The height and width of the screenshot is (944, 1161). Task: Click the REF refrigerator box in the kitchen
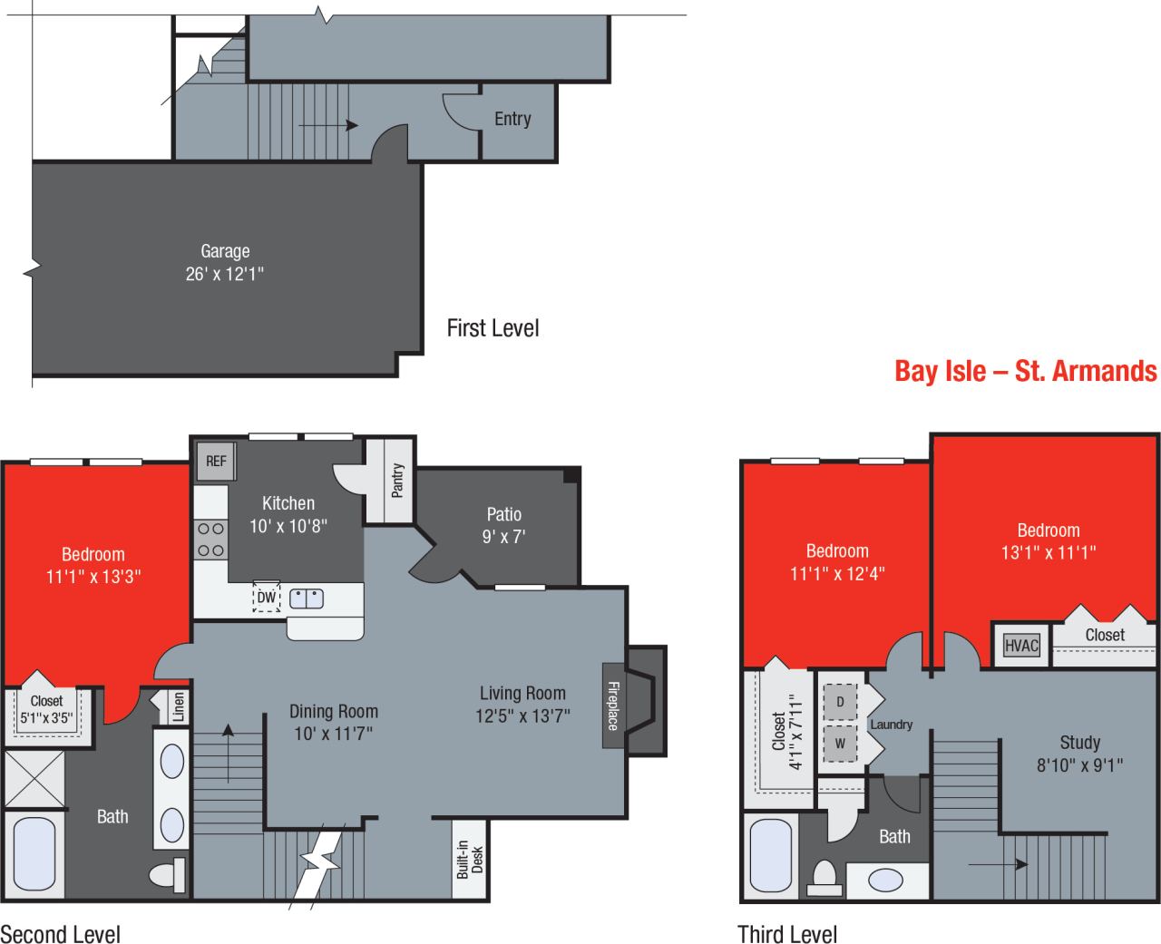tap(215, 461)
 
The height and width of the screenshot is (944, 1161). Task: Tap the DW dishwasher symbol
tap(266, 598)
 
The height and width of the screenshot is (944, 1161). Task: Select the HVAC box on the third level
tap(1022, 646)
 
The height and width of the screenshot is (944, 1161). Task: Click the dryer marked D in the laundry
tap(840, 702)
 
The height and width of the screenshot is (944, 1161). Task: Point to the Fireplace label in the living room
tap(613, 706)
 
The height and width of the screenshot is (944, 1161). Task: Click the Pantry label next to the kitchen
tap(397, 481)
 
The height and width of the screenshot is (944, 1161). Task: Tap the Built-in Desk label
tap(470, 860)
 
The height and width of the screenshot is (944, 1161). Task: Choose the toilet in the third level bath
tap(824, 878)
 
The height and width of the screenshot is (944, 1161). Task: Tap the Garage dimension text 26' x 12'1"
tap(224, 274)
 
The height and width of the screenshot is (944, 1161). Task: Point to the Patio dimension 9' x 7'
tap(503, 536)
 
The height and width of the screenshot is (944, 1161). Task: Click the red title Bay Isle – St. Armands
tap(1025, 371)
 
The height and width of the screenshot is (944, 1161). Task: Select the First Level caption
tap(493, 328)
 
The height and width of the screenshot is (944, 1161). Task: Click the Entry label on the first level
tap(512, 119)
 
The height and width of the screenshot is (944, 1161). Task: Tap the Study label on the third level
tap(1079, 743)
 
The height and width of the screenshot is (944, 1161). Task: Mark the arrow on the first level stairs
tap(327, 125)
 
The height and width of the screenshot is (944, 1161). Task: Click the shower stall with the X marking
tap(33, 779)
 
